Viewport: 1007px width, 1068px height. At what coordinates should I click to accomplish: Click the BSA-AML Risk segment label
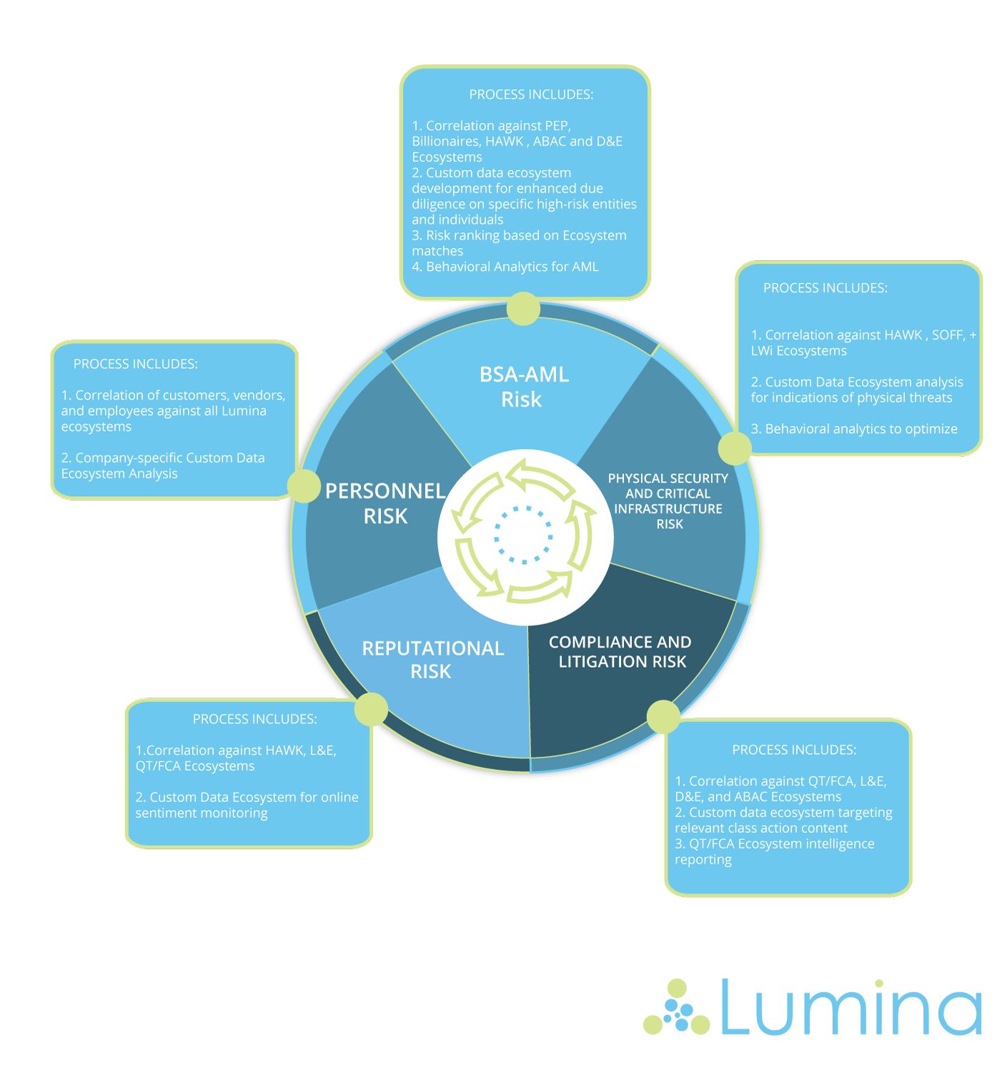[523, 387]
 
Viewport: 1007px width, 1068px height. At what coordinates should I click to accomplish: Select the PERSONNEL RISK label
[385, 503]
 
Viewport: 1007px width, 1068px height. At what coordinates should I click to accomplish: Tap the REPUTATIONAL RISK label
[432, 659]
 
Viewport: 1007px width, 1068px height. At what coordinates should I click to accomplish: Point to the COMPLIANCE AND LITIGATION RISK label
[620, 652]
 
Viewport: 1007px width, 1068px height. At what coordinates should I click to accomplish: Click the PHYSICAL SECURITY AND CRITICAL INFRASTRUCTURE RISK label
[668, 500]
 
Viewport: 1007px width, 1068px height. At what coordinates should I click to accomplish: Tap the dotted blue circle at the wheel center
[524, 535]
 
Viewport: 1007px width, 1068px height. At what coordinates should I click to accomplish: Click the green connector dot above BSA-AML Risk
[523, 309]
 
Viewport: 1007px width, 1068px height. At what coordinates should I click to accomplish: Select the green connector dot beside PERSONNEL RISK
[304, 486]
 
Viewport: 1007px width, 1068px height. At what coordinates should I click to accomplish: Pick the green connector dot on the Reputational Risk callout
[371, 709]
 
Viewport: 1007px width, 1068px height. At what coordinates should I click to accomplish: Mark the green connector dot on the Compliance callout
[663, 716]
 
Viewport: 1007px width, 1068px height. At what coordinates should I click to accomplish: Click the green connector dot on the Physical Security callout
[734, 448]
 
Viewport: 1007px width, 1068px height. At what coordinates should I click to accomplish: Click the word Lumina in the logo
[850, 1008]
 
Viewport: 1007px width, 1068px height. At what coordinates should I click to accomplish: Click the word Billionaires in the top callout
[445, 142]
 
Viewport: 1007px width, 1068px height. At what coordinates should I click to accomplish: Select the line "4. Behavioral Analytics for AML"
[505, 267]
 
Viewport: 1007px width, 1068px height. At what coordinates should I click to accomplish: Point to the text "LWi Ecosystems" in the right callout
[798, 351]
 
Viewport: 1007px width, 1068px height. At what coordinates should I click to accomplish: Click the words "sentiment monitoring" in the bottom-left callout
[202, 814]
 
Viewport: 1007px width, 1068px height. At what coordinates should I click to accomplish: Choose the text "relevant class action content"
[760, 829]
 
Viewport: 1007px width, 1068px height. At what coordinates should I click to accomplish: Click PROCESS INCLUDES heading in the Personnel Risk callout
[136, 364]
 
